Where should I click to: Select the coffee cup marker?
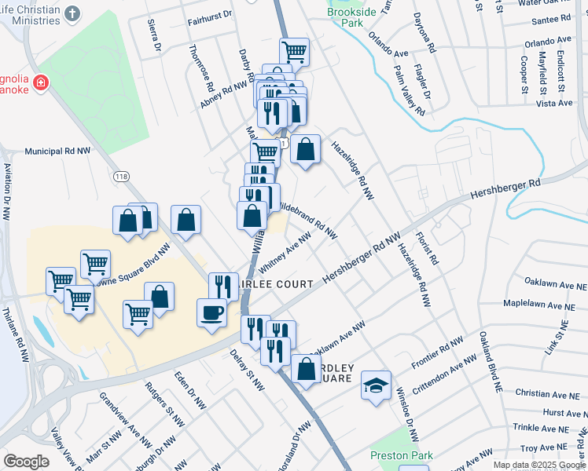(x=211, y=312)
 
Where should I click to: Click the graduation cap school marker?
(x=376, y=385)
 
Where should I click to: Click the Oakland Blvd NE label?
(x=491, y=362)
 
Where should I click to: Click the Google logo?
(x=26, y=462)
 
